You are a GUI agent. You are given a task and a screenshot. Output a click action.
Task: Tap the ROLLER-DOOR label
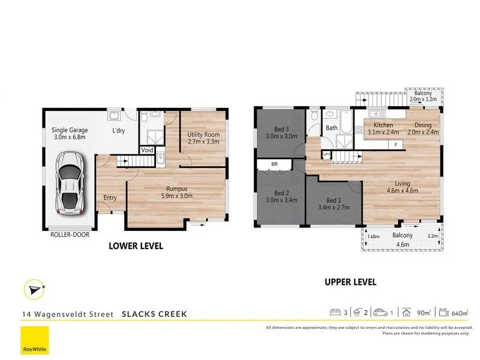[70, 235]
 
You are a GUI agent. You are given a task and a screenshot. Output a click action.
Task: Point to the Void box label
[147, 150]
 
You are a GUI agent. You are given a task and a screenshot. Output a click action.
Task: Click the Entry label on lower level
[110, 197]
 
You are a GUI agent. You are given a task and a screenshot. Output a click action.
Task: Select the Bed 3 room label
[278, 132]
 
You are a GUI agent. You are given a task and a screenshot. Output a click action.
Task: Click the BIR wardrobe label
[274, 163]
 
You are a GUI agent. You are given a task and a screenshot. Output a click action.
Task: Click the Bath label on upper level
[332, 128]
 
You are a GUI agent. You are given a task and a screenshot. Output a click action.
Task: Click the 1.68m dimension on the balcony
[373, 235]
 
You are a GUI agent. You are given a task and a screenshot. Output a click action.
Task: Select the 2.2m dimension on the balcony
[433, 235]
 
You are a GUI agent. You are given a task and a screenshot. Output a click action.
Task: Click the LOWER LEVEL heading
[136, 246]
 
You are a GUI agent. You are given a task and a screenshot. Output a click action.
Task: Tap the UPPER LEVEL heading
[350, 281]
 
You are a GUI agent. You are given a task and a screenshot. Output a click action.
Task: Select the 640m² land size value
[461, 313]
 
